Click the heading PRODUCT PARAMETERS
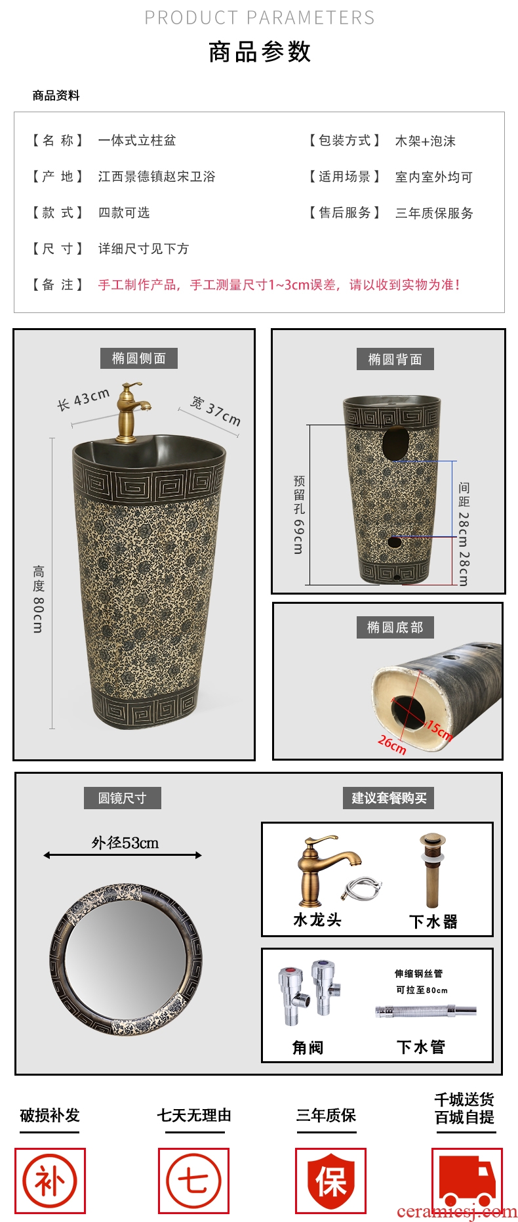260,18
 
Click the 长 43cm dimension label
83,400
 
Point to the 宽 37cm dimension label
216,411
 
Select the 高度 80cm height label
39,599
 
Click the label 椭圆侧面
139,358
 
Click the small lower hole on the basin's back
394,542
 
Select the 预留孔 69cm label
299,515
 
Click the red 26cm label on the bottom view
392,744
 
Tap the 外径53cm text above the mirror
125,843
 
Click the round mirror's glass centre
126,960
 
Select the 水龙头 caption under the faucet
317,920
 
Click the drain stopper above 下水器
433,871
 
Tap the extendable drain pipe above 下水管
426,1011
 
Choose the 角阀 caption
308,1047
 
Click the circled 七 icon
193,1181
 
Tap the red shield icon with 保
330,1181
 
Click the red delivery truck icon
467,1181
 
